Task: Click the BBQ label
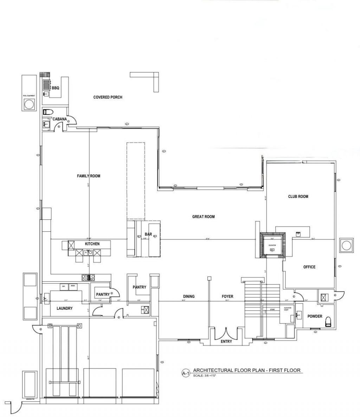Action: [x=56, y=88]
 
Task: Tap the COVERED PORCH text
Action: [x=108, y=97]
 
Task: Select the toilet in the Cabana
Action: [x=47, y=112]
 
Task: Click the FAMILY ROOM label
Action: [x=89, y=176]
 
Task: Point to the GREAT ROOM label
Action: [x=203, y=217]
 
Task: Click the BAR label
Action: [x=148, y=234]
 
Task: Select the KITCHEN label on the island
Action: [x=92, y=244]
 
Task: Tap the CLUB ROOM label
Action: [x=298, y=197]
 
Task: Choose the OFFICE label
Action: [x=309, y=267]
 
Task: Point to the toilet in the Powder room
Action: [x=328, y=321]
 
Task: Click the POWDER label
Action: [x=315, y=316]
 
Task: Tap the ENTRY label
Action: [x=226, y=341]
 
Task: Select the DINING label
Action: [x=188, y=296]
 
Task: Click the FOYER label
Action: [x=227, y=296]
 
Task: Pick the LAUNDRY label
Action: [x=64, y=308]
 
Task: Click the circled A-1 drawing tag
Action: [x=186, y=373]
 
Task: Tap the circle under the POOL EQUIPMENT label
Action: [x=29, y=104]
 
